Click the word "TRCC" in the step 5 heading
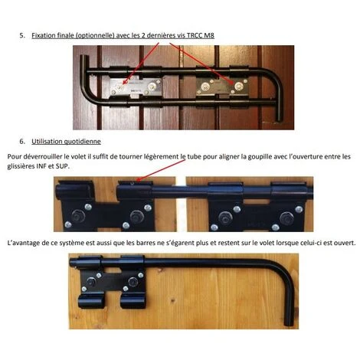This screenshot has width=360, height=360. pyautogui.click(x=195, y=35)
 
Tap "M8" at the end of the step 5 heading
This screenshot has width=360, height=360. pyautogui.click(x=209, y=35)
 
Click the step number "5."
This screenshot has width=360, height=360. pyautogui.click(x=22, y=35)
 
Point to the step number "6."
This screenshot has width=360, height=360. pyautogui.click(x=22, y=141)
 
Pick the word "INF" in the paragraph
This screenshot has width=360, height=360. pyautogui.click(x=42, y=166)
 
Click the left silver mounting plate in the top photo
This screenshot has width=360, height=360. pyautogui.click(x=136, y=87)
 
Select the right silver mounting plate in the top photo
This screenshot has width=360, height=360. pyautogui.click(x=221, y=87)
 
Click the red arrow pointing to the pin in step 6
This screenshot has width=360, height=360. pyautogui.click(x=161, y=170)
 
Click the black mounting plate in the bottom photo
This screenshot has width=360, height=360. pyautogui.click(x=112, y=282)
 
